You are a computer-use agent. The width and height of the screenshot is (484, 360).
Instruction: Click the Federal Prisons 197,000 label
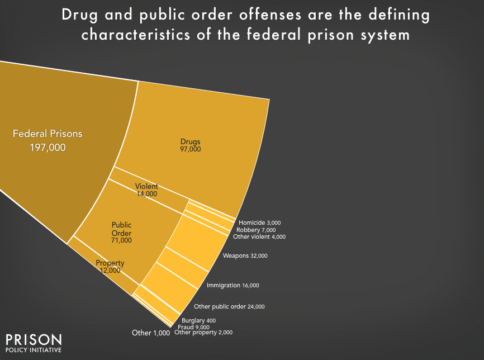[48, 140]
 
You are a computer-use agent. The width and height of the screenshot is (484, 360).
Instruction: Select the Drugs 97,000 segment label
[190, 145]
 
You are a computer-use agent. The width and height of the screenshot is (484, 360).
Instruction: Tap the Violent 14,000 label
[146, 190]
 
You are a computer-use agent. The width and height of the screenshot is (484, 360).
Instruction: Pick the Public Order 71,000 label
[121, 232]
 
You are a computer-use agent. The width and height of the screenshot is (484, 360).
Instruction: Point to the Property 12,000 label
[110, 267]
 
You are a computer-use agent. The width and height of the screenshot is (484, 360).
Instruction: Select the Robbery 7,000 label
[256, 230]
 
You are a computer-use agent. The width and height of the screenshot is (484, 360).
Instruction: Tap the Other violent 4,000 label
[259, 237]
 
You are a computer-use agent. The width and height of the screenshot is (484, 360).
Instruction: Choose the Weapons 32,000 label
[245, 255]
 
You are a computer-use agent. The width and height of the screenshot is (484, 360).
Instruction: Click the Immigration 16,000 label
[232, 285]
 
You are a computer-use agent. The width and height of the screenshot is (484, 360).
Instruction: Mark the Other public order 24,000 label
[229, 306]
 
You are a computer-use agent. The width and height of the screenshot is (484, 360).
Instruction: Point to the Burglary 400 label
[199, 320]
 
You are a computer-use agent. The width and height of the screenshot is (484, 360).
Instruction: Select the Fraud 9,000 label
[193, 326]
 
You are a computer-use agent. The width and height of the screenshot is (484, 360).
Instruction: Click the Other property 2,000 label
[203, 332]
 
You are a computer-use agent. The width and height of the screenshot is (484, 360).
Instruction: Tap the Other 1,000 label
[150, 333]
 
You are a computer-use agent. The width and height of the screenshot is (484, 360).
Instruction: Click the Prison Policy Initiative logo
[34, 343]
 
